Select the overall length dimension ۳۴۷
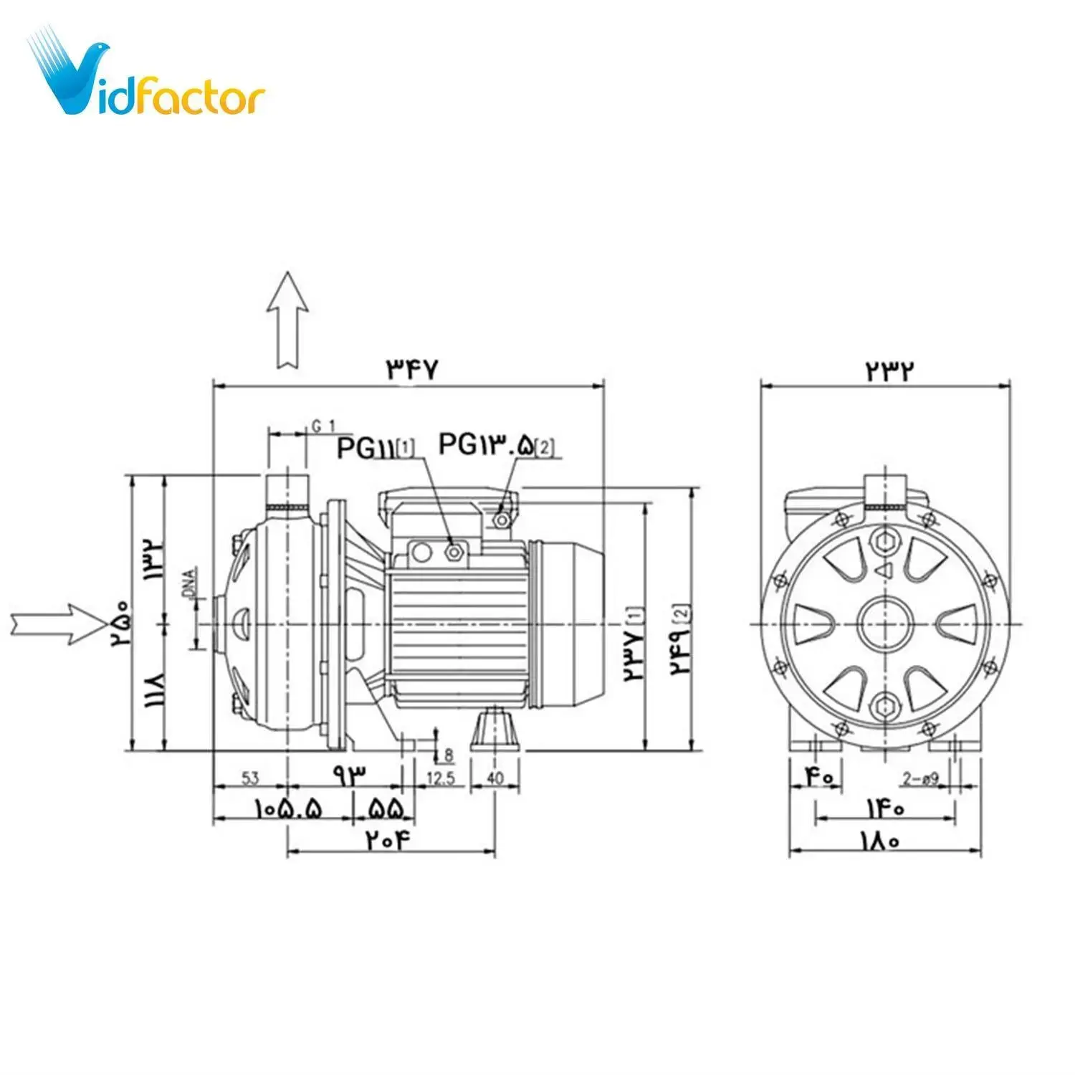point(411,370)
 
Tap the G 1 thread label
point(323,426)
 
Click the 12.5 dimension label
point(440,778)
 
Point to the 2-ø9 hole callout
point(920,779)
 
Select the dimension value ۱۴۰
point(885,808)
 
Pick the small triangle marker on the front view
point(884,570)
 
